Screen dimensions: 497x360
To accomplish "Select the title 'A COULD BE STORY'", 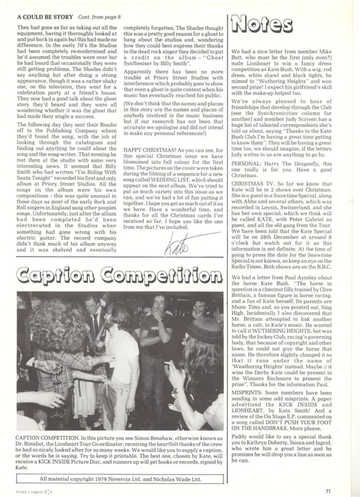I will point(45,17).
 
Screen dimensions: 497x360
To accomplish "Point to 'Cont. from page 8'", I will point(99,17).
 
